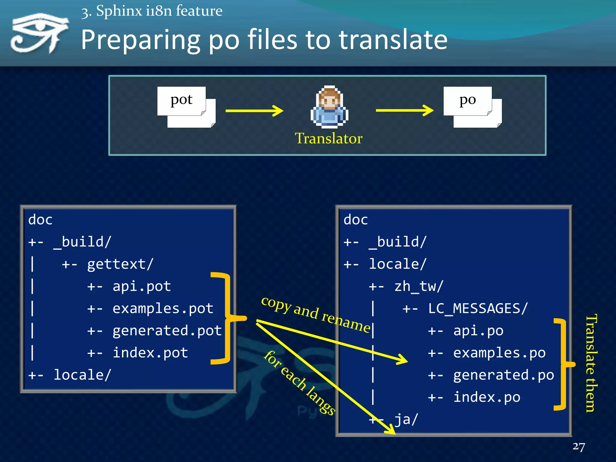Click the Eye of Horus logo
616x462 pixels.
click(39, 33)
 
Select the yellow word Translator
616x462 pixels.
click(329, 139)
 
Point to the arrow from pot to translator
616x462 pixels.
click(254, 111)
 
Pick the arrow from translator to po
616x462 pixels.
click(405, 110)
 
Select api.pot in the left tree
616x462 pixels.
click(142, 286)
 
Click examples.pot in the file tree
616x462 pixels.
click(163, 309)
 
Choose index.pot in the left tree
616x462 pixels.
click(150, 353)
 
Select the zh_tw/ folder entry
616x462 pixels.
click(419, 286)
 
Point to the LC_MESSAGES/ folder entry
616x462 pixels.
click(478, 309)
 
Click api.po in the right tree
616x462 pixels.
click(478, 331)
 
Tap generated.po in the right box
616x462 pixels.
click(504, 375)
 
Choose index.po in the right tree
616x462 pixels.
click(487, 397)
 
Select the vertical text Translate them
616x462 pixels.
click(591, 363)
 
